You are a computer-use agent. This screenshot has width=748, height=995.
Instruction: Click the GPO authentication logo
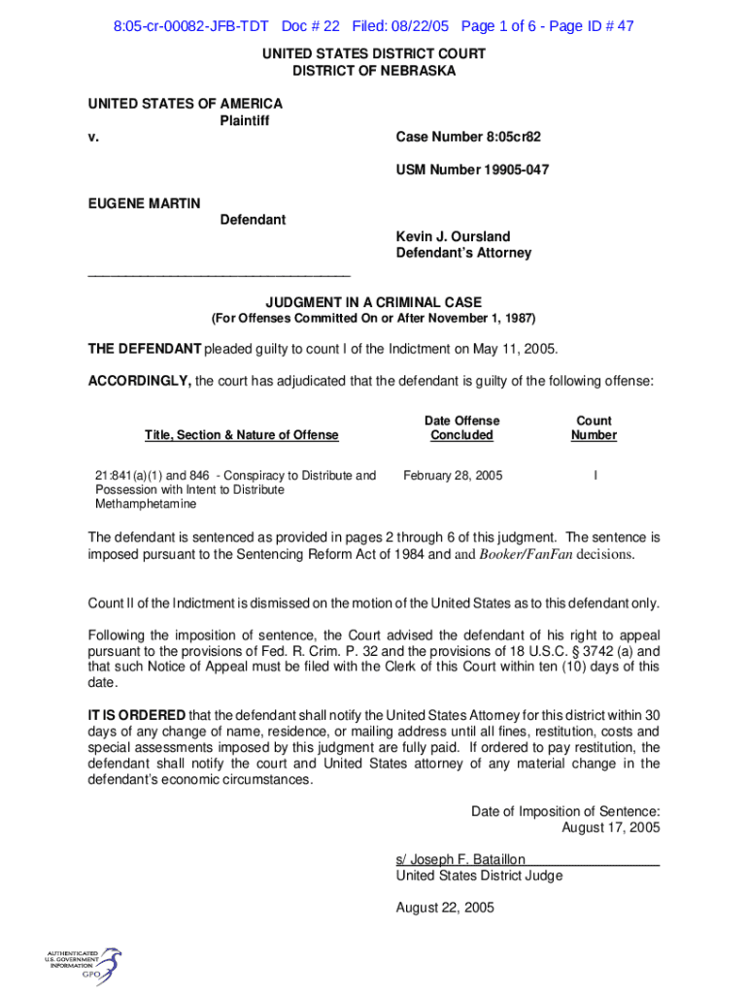click(x=83, y=963)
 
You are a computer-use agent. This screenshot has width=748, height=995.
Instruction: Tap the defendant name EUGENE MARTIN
click(x=145, y=203)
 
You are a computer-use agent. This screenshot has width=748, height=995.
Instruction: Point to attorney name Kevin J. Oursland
click(x=453, y=236)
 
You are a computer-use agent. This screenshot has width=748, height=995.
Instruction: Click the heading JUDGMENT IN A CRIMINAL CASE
click(x=374, y=302)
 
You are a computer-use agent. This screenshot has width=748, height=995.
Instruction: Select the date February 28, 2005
click(x=453, y=476)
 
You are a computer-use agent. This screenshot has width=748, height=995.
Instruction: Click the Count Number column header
click(x=594, y=428)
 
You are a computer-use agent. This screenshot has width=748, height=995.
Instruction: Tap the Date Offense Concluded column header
click(x=461, y=428)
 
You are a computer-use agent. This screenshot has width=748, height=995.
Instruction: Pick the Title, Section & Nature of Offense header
click(x=242, y=435)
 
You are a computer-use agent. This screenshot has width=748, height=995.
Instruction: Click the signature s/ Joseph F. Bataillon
click(x=460, y=859)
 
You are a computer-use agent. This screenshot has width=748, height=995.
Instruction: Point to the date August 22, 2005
click(x=445, y=908)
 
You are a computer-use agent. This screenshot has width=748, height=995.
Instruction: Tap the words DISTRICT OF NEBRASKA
click(x=374, y=71)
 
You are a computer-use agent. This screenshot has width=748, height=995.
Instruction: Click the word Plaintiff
click(x=245, y=120)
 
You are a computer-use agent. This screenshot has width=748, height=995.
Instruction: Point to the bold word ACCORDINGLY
click(x=140, y=382)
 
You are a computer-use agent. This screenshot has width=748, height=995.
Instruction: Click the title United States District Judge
click(x=479, y=875)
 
